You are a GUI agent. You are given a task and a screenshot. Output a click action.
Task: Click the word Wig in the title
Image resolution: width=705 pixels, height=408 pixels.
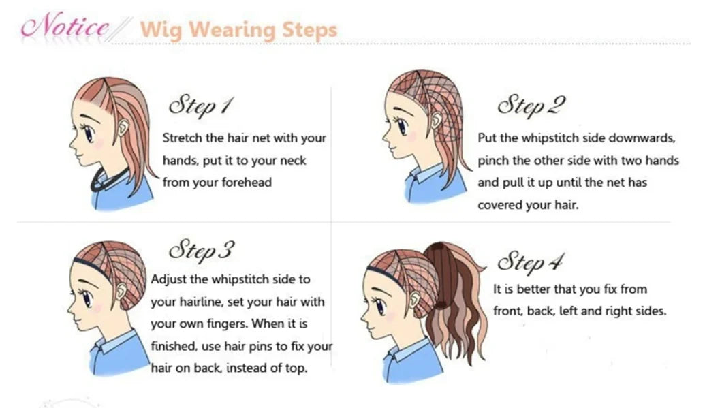click(161, 30)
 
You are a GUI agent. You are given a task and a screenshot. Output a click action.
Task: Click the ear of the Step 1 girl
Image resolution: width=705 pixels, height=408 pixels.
click(123, 128)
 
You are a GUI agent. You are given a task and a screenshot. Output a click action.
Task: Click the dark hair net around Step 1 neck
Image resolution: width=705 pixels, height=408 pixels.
click(108, 181)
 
